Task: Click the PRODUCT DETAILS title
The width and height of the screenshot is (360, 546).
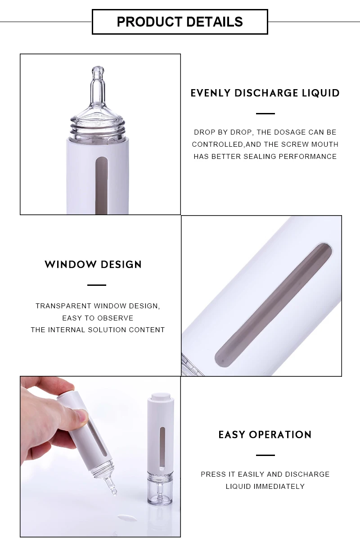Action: coord(180,22)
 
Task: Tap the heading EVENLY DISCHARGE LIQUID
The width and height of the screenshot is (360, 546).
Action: coord(265,93)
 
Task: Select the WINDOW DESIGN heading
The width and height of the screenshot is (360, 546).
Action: coord(93,264)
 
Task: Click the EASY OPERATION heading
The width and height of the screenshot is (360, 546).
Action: coord(265,434)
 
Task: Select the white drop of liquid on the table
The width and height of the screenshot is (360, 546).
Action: coord(128,518)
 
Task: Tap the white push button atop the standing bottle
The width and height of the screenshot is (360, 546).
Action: coord(158,396)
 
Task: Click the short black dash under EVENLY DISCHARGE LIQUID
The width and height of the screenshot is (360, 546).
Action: coord(265,113)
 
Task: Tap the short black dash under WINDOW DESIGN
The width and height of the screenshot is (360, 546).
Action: coord(96,285)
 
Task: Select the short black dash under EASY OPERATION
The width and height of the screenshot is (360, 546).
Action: coord(265,455)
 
